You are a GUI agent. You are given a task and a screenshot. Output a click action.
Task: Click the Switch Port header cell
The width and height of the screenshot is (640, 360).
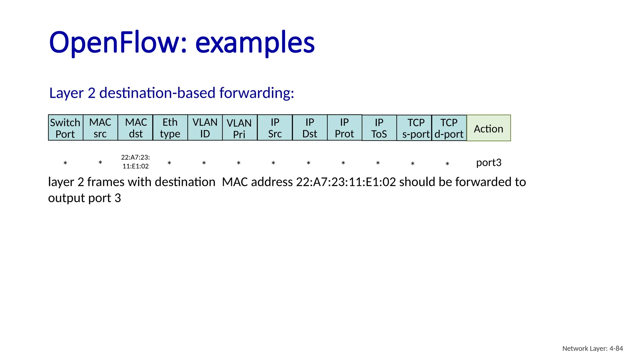66,128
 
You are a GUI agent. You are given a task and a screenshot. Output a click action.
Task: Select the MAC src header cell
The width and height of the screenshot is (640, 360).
100,128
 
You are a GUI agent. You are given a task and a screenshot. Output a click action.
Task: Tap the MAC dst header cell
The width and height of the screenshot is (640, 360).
135,128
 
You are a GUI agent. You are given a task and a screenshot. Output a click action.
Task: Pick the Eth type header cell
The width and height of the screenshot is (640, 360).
170,128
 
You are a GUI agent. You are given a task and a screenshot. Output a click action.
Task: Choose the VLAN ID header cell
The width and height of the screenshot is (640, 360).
205,128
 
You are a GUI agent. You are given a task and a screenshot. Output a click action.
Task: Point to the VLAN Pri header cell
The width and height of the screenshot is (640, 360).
240,128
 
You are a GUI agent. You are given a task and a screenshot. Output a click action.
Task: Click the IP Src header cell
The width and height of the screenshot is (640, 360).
275,128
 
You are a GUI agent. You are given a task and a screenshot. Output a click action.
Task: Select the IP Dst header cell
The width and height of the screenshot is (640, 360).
310,128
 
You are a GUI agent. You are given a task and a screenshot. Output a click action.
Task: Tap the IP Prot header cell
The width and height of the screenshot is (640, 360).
344,128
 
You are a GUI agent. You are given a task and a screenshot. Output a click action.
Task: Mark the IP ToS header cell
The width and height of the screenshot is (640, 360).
379,128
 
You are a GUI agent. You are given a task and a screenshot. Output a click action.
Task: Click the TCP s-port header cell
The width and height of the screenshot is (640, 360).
414,128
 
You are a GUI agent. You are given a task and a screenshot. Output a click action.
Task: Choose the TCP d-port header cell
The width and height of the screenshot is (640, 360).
449,128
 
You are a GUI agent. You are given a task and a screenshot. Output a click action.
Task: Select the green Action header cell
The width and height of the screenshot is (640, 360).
488,128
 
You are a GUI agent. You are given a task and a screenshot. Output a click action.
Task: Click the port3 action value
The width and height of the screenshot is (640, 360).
489,162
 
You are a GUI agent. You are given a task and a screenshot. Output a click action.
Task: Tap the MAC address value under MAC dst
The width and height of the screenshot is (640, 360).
136,162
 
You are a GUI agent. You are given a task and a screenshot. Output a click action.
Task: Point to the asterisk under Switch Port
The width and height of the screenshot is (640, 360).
65,163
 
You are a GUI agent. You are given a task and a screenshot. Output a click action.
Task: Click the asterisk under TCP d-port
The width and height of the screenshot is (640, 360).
447,164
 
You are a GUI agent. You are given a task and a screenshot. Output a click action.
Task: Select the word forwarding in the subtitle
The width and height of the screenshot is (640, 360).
257,93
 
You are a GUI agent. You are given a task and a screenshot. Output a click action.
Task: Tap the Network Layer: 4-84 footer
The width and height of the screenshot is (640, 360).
592,348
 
